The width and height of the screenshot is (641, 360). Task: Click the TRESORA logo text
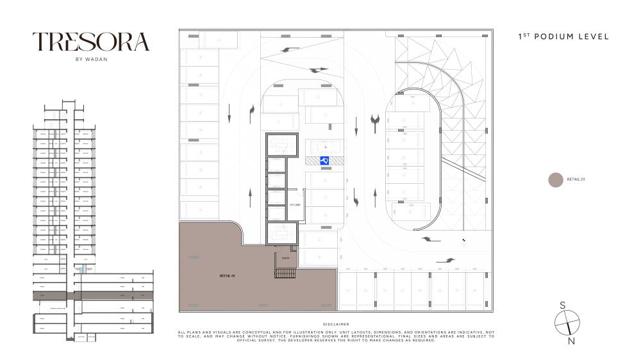pyautogui.click(x=91, y=42)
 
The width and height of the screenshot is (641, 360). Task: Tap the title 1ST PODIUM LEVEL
pyautogui.click(x=563, y=37)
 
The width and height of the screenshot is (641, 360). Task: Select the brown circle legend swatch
pyautogui.click(x=556, y=180)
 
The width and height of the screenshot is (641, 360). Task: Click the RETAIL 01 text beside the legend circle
pyautogui.click(x=576, y=180)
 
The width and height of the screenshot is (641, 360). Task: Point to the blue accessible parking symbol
pyautogui.click(x=324, y=161)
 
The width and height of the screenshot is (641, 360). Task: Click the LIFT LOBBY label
pyautogui.click(x=296, y=205)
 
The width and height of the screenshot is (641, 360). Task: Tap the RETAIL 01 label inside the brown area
pyautogui.click(x=228, y=275)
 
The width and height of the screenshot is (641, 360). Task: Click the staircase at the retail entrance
pyautogui.click(x=285, y=274)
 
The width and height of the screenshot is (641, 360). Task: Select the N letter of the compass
pyautogui.click(x=572, y=341)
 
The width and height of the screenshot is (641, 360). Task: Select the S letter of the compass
pyautogui.click(x=562, y=306)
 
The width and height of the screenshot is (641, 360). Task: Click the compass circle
pyautogui.click(x=567, y=323)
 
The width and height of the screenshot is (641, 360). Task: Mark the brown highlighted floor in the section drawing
pyautogui.click(x=94, y=296)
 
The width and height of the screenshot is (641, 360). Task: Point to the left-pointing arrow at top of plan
pyautogui.click(x=290, y=49)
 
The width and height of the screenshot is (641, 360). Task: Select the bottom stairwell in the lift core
pyautogui.click(x=283, y=232)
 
